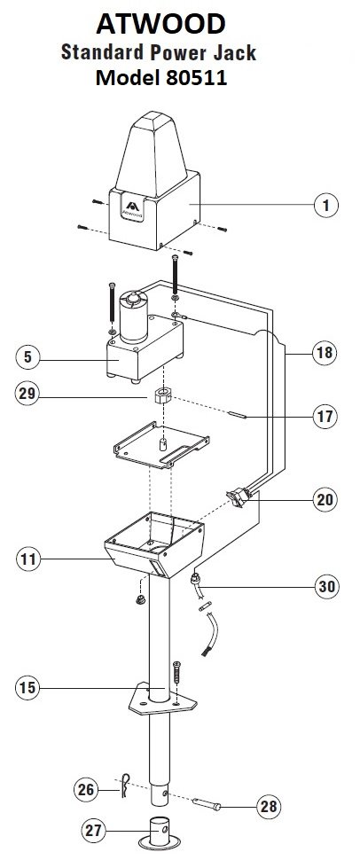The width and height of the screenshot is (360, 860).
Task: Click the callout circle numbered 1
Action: click(326, 205)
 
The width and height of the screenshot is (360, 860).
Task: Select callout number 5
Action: click(27, 357)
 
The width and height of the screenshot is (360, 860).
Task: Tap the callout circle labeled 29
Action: click(27, 394)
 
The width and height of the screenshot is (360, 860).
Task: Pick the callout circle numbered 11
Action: click(28, 559)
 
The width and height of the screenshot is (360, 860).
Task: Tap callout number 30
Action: click(326, 586)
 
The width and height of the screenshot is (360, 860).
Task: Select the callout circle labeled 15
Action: click(28, 687)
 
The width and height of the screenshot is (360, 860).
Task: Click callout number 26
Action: click(87, 790)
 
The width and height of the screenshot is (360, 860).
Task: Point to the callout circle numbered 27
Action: click(93, 831)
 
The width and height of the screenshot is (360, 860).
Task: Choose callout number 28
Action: click(269, 807)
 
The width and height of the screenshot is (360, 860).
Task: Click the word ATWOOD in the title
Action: click(160, 24)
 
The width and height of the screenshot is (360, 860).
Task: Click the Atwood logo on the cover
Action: click(133, 210)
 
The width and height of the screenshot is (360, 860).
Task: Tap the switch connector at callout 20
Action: click(239, 496)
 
